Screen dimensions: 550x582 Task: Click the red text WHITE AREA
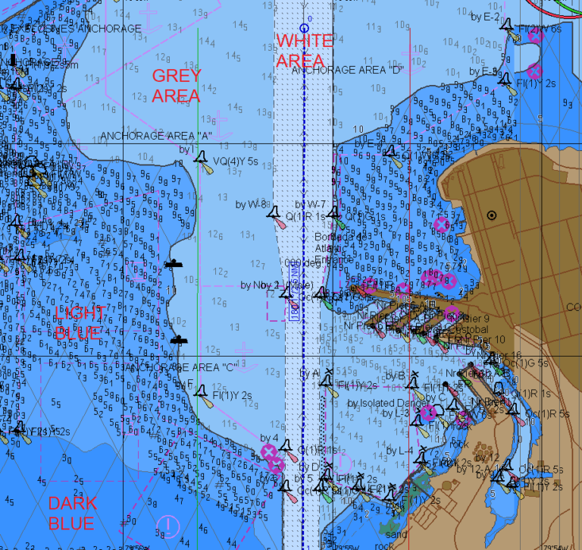[x=303, y=50]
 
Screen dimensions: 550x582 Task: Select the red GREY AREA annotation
[x=177, y=85]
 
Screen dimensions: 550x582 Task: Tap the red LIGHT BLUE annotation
[x=78, y=322]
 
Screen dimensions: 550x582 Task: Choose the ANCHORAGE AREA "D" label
[x=347, y=70]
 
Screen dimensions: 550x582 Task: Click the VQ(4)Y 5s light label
[x=236, y=162]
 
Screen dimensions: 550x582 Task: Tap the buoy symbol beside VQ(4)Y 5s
[x=201, y=157]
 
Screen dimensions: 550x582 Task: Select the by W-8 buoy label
[x=252, y=204]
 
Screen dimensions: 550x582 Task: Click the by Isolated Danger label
[x=384, y=402]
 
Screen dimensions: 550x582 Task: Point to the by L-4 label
[x=400, y=451]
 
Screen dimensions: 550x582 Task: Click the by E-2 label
[x=486, y=17]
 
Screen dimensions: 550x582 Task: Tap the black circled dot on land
[x=492, y=215]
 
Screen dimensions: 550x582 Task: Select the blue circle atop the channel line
[x=303, y=28]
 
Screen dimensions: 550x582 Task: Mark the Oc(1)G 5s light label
[x=526, y=363]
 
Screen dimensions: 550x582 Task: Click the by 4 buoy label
[x=270, y=438]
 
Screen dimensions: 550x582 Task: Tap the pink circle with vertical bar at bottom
[x=167, y=524]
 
